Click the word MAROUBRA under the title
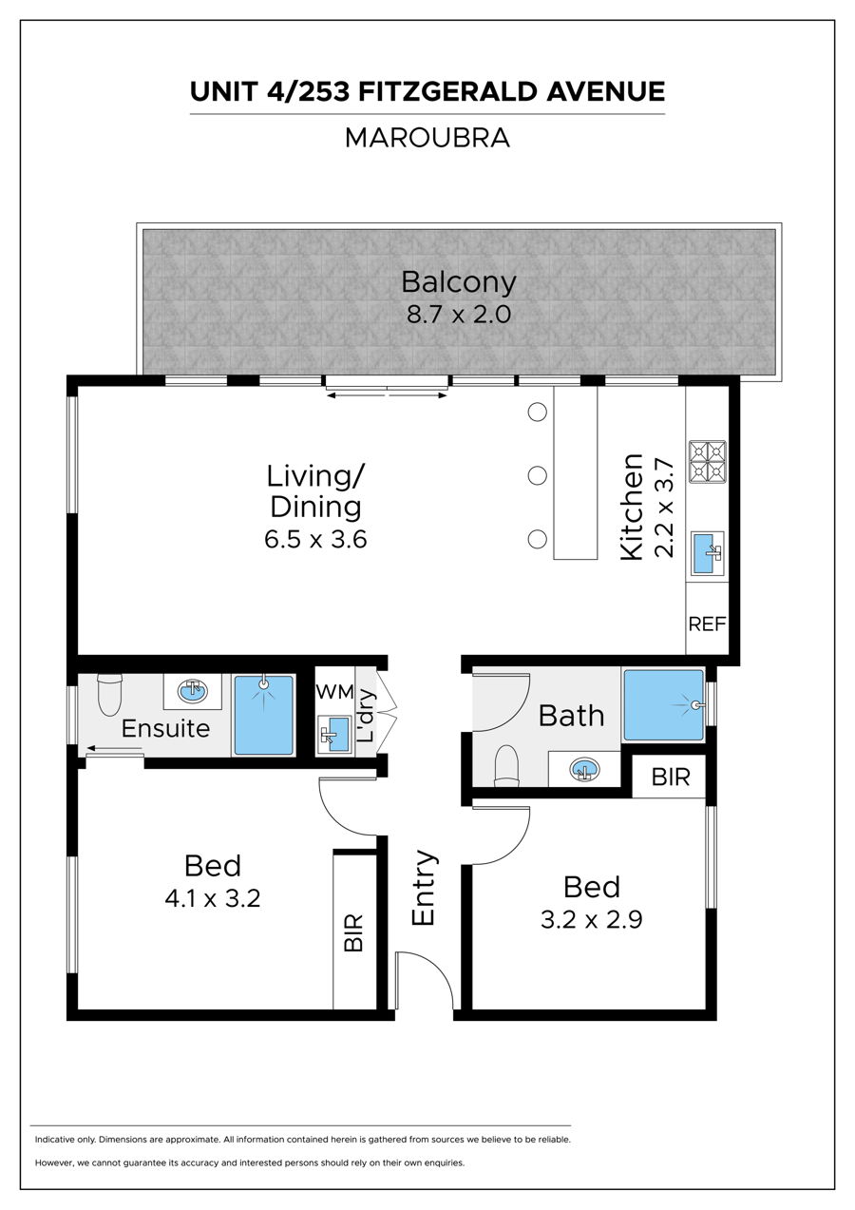(427, 138)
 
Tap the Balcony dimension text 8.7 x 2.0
(459, 315)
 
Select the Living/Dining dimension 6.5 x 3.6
(315, 539)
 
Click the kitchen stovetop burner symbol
(708, 462)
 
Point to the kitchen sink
(708, 554)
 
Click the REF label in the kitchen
(707, 624)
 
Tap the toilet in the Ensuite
(110, 695)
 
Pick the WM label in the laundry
(334, 692)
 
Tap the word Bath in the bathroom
(571, 717)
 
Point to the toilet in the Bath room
(506, 766)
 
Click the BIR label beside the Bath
(671, 778)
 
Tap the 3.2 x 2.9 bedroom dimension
(592, 920)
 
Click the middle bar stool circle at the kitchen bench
(537, 476)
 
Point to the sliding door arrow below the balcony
(387, 395)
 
